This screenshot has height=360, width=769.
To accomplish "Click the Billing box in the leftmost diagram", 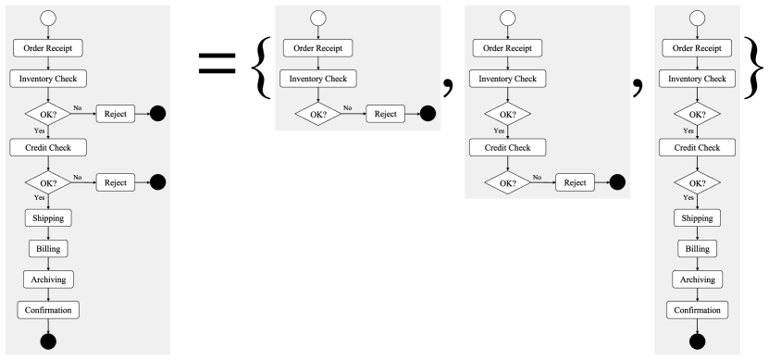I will pos(48,248).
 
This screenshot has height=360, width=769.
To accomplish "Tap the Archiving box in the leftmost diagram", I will pos(48,279).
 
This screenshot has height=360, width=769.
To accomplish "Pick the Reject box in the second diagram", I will pos(385,114).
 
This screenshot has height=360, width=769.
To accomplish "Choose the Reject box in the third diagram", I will pos(575,182).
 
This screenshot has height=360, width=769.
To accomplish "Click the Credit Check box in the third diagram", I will pos(507,148).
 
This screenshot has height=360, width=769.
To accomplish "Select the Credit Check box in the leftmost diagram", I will pos(48,147).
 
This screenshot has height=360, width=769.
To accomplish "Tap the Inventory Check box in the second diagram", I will pos(318,80).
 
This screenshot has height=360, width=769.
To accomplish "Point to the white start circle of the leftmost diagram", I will pos(48,18).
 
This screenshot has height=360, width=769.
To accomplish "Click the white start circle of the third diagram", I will pos(507,18).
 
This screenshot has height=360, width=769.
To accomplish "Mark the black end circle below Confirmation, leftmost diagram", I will pos(48,341).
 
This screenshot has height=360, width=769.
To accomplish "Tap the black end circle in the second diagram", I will pos(428,114).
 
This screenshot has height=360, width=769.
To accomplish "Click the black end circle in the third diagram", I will pos(617,182).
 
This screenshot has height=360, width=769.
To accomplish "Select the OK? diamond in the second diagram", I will pos(318,114).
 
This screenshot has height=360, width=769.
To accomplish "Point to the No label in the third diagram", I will pos(537,177).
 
